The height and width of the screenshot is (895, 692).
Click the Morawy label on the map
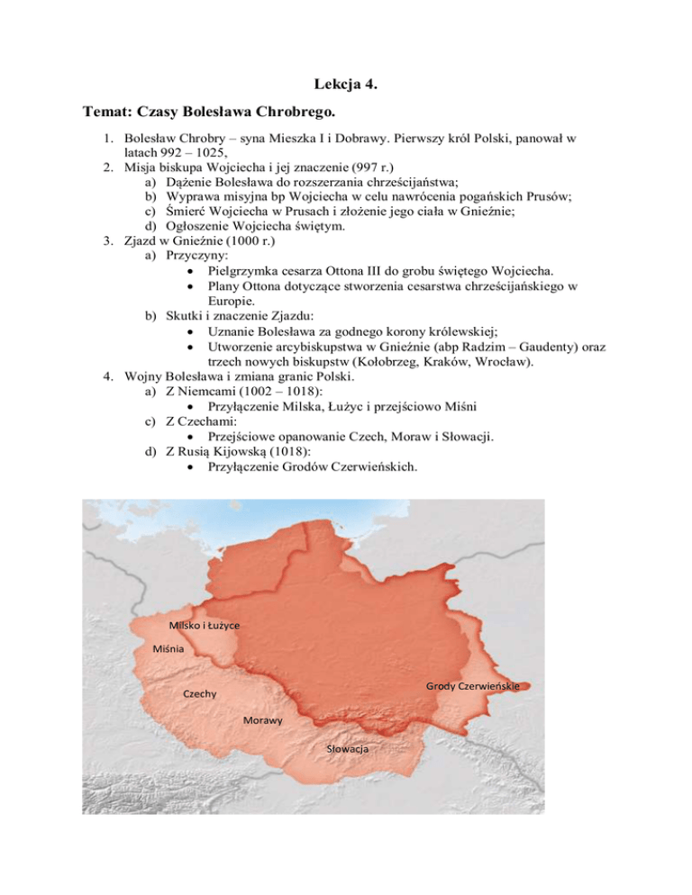pyautogui.click(x=263, y=721)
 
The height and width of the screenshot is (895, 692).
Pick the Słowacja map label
pyautogui.click(x=352, y=749)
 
